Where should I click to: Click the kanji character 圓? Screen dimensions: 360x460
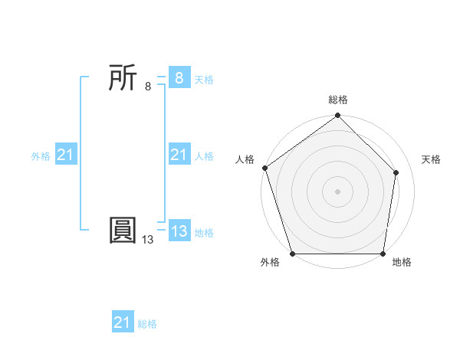(x=123, y=231)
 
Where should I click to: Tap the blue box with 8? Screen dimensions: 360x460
(x=179, y=77)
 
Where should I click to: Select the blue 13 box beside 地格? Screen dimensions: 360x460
(x=179, y=231)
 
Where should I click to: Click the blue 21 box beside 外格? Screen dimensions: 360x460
(x=66, y=155)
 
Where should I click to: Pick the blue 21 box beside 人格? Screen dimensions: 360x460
(x=179, y=155)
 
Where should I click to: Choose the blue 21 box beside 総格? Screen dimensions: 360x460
(x=123, y=322)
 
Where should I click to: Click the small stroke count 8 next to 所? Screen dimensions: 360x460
(x=148, y=87)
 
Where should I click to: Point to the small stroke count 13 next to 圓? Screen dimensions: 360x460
(x=148, y=240)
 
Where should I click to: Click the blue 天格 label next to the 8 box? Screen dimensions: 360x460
(x=204, y=80)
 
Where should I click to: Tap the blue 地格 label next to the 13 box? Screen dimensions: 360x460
(x=204, y=233)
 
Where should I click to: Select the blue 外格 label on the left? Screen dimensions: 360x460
(x=41, y=156)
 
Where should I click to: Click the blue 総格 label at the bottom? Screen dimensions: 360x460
(x=147, y=324)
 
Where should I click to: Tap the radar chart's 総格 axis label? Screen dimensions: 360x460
(x=338, y=100)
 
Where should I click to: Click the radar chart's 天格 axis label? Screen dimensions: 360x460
(x=431, y=159)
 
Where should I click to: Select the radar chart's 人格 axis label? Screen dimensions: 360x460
(x=245, y=159)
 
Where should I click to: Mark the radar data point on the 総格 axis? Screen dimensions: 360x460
(x=338, y=116)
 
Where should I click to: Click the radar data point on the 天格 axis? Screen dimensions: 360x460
(x=396, y=172)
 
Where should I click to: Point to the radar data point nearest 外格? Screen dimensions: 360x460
(x=293, y=254)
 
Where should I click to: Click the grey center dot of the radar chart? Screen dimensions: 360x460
(x=338, y=191)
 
